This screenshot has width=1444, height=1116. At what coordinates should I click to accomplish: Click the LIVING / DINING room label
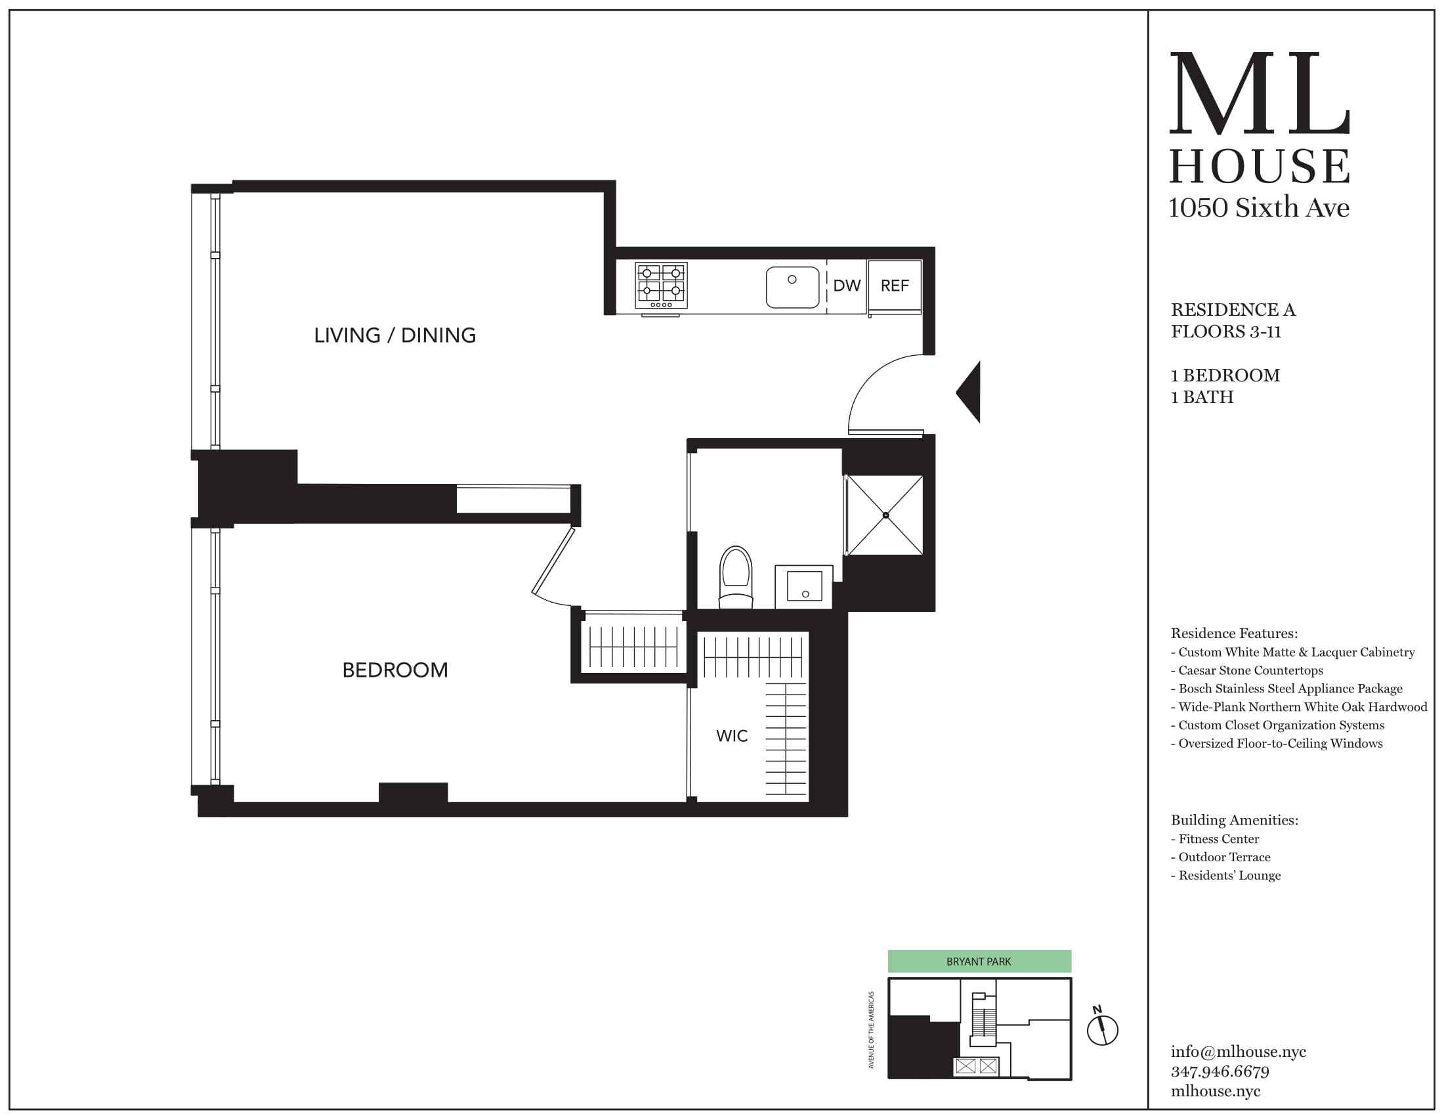pyautogui.click(x=394, y=335)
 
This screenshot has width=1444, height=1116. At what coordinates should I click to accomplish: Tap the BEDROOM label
pyautogui.click(x=394, y=670)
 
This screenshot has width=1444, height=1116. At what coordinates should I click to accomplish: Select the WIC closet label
pyautogui.click(x=732, y=736)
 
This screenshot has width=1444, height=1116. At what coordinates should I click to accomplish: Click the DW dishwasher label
pyautogui.click(x=846, y=286)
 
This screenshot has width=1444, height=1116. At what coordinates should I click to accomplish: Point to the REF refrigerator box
pyautogui.click(x=895, y=286)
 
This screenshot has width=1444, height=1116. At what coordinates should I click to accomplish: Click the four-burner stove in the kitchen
pyautogui.click(x=661, y=285)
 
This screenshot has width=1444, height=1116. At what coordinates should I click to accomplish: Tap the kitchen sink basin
pyautogui.click(x=792, y=288)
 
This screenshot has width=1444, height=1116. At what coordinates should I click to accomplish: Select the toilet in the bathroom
pyautogui.click(x=736, y=576)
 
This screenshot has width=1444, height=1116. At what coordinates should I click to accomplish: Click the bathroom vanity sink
pyautogui.click(x=803, y=586)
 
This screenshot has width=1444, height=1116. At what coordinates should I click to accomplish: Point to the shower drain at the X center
pyautogui.click(x=885, y=515)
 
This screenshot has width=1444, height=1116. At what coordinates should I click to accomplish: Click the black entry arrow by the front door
pyautogui.click(x=969, y=392)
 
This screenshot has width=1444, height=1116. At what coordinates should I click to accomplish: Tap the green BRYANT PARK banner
pyautogui.click(x=979, y=961)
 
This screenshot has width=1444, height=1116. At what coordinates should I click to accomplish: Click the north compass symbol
pyautogui.click(x=1102, y=1029)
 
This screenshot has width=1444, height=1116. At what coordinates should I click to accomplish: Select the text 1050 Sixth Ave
pyautogui.click(x=1259, y=207)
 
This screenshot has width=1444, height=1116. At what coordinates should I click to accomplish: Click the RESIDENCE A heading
pyautogui.click(x=1233, y=309)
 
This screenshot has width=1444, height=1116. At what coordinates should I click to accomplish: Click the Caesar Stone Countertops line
pyautogui.click(x=1250, y=670)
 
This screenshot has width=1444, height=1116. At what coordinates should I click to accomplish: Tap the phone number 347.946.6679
pyautogui.click(x=1220, y=1071)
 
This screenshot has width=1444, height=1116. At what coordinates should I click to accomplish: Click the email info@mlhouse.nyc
pyautogui.click(x=1238, y=1051)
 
